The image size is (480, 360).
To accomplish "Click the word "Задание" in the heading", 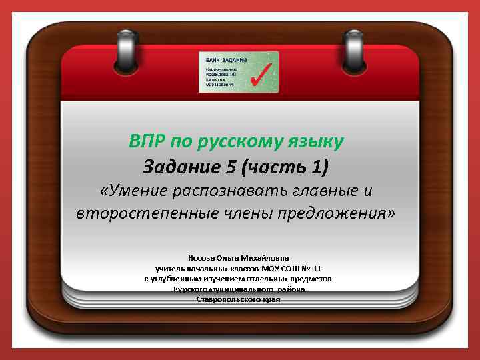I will (x=176, y=165).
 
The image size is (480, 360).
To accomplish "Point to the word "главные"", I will (x=321, y=191).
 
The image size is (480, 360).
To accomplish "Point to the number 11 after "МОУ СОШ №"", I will (x=317, y=268).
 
